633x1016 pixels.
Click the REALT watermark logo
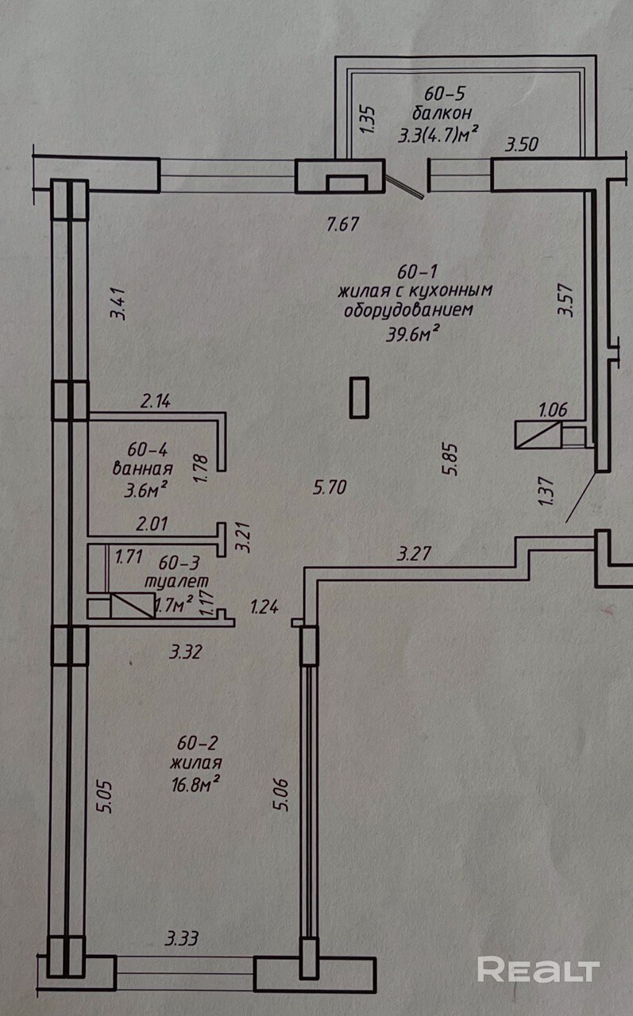pyautogui.click(x=538, y=969)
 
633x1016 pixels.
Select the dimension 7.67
pyautogui.click(x=343, y=224)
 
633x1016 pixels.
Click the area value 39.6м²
pyautogui.click(x=411, y=334)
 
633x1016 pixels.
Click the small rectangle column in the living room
pyautogui.click(x=359, y=396)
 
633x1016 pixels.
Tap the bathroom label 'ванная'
pyautogui.click(x=143, y=468)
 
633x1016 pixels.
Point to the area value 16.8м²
pyautogui.click(x=194, y=783)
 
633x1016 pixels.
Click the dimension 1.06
pyautogui.click(x=553, y=410)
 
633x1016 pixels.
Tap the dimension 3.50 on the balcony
pyautogui.click(x=523, y=144)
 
